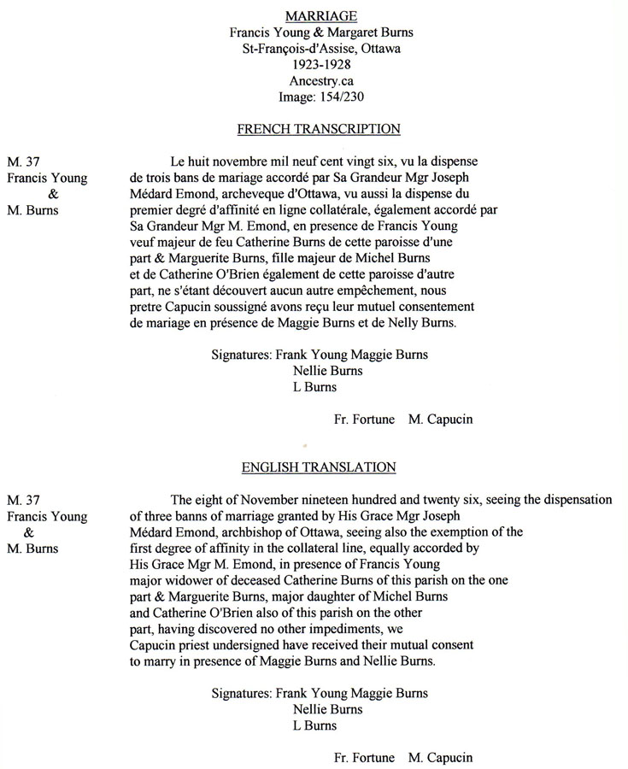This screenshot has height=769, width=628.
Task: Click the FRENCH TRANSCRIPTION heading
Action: pyautogui.click(x=319, y=129)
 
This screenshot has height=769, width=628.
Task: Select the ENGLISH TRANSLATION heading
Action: pyautogui.click(x=319, y=467)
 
